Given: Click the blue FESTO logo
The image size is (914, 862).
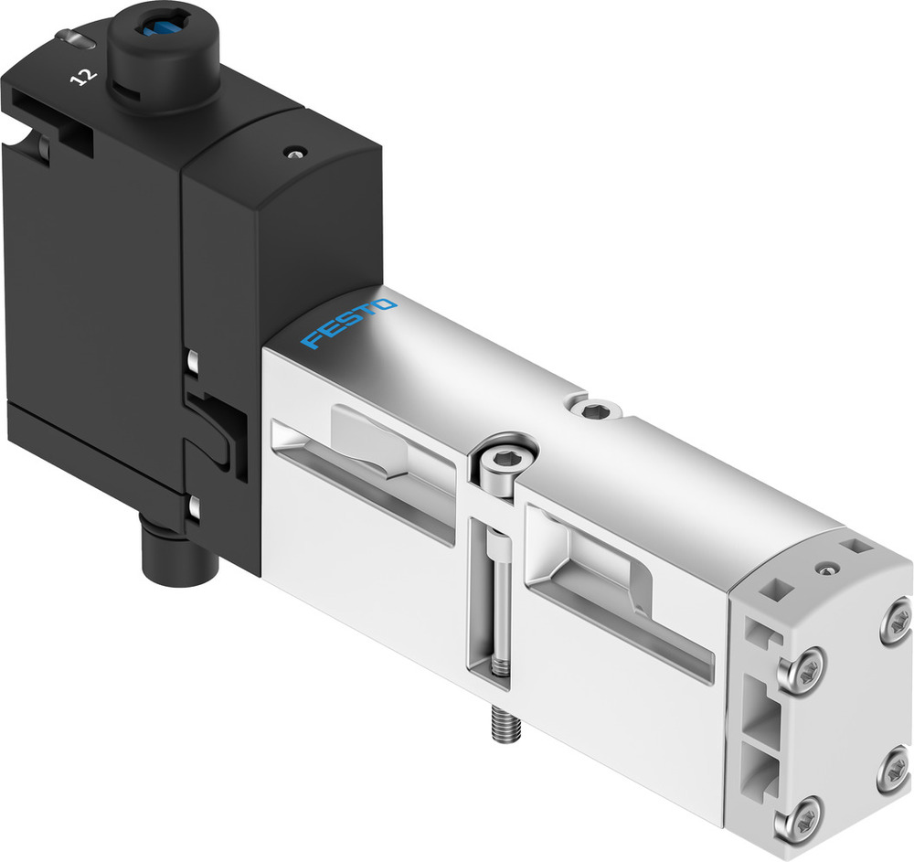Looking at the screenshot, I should point(350,324).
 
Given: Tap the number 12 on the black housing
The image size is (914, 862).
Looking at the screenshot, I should point(81,74).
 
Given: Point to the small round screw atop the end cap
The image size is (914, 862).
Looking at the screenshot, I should point(828,569).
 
